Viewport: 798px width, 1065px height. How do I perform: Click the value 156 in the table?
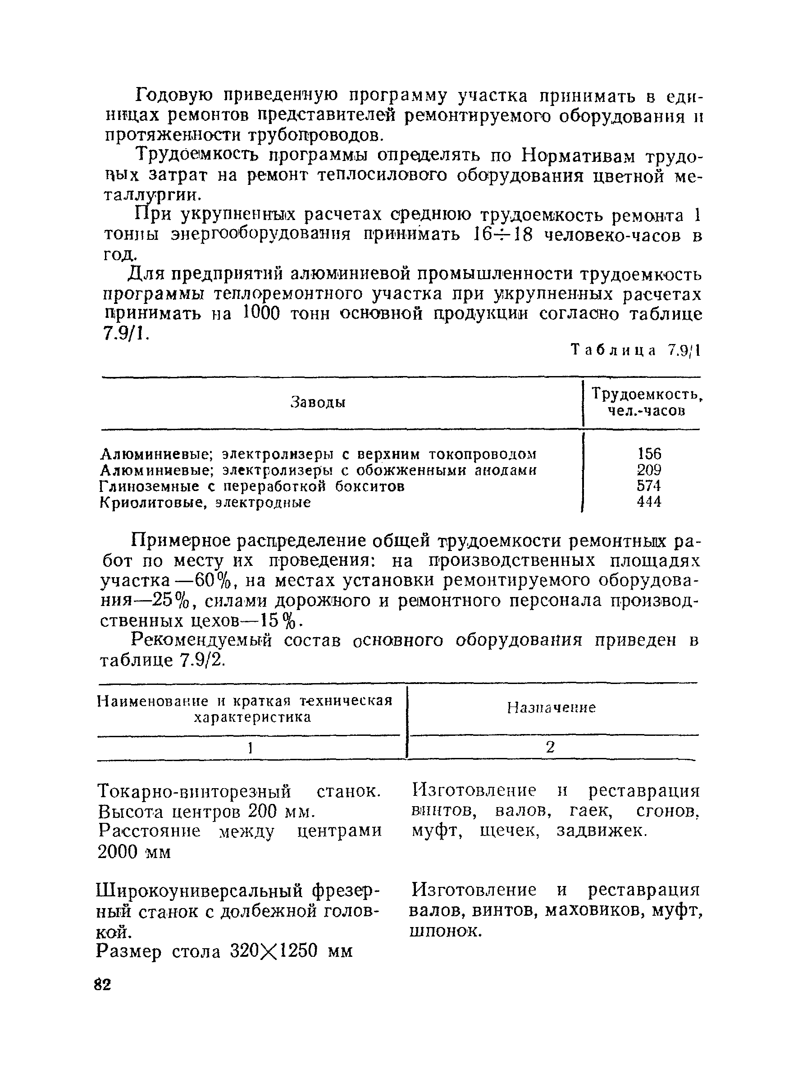point(649,454)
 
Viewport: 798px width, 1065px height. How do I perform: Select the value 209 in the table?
point(649,469)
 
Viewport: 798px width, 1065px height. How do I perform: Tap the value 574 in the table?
point(649,485)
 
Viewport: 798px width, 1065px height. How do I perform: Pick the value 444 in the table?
point(649,502)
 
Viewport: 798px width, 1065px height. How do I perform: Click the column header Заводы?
point(319,403)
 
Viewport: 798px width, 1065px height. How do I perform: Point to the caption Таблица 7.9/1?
point(635,350)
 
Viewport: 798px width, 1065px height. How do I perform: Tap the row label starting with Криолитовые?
point(205,503)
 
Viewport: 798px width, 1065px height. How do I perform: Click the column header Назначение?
point(551,708)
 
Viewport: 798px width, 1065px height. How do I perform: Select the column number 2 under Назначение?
point(551,747)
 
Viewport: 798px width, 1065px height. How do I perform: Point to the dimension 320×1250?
point(274,951)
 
